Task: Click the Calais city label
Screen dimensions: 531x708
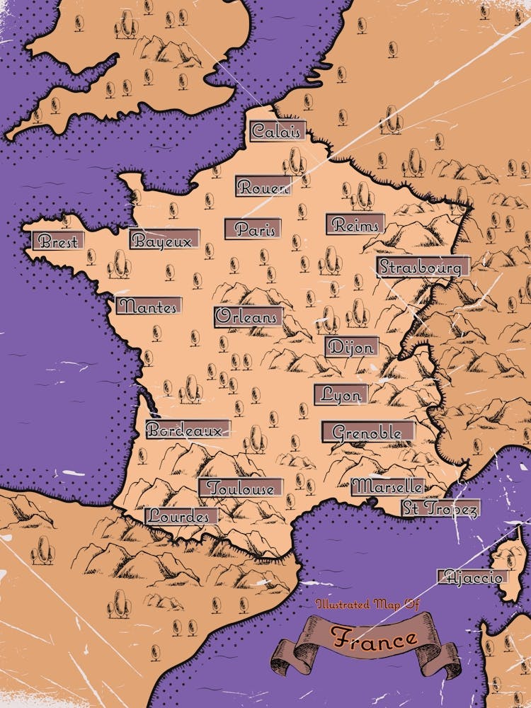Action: click(278, 131)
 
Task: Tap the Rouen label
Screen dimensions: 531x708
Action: click(263, 187)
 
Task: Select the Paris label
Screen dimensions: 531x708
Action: click(253, 229)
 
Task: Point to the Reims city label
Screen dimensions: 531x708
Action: click(355, 224)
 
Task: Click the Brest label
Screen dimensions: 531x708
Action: click(58, 241)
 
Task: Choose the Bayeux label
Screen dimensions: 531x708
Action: click(164, 239)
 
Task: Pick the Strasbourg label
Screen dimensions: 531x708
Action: click(423, 267)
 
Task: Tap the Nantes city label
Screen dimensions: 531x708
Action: click(148, 307)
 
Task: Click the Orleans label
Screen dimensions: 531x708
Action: click(248, 316)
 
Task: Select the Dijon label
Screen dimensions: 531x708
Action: click(351, 347)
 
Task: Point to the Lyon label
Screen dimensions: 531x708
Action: click(341, 394)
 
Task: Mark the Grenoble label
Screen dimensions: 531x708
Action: click(367, 432)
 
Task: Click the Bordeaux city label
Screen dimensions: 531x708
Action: click(188, 429)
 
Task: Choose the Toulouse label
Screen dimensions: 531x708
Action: click(241, 488)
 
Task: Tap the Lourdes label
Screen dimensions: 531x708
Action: click(180, 515)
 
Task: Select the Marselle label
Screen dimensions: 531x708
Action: click(388, 486)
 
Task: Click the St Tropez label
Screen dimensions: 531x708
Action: click(440, 508)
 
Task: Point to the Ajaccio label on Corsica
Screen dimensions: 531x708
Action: click(473, 577)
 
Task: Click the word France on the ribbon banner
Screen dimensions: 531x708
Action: click(375, 638)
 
